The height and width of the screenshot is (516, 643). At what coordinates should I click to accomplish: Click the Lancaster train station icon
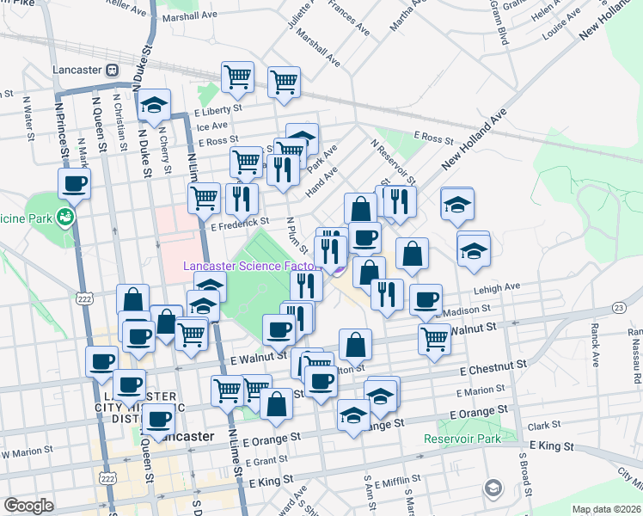112,70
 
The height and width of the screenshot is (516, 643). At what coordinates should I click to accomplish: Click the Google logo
28,506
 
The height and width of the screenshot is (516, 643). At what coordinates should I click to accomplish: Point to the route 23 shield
618,307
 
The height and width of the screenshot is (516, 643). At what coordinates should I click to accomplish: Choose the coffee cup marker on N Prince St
74,182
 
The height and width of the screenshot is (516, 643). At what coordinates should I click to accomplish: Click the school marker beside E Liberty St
155,106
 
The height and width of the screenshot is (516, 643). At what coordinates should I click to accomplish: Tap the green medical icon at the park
64,216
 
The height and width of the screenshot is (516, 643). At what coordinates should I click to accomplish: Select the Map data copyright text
606,509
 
